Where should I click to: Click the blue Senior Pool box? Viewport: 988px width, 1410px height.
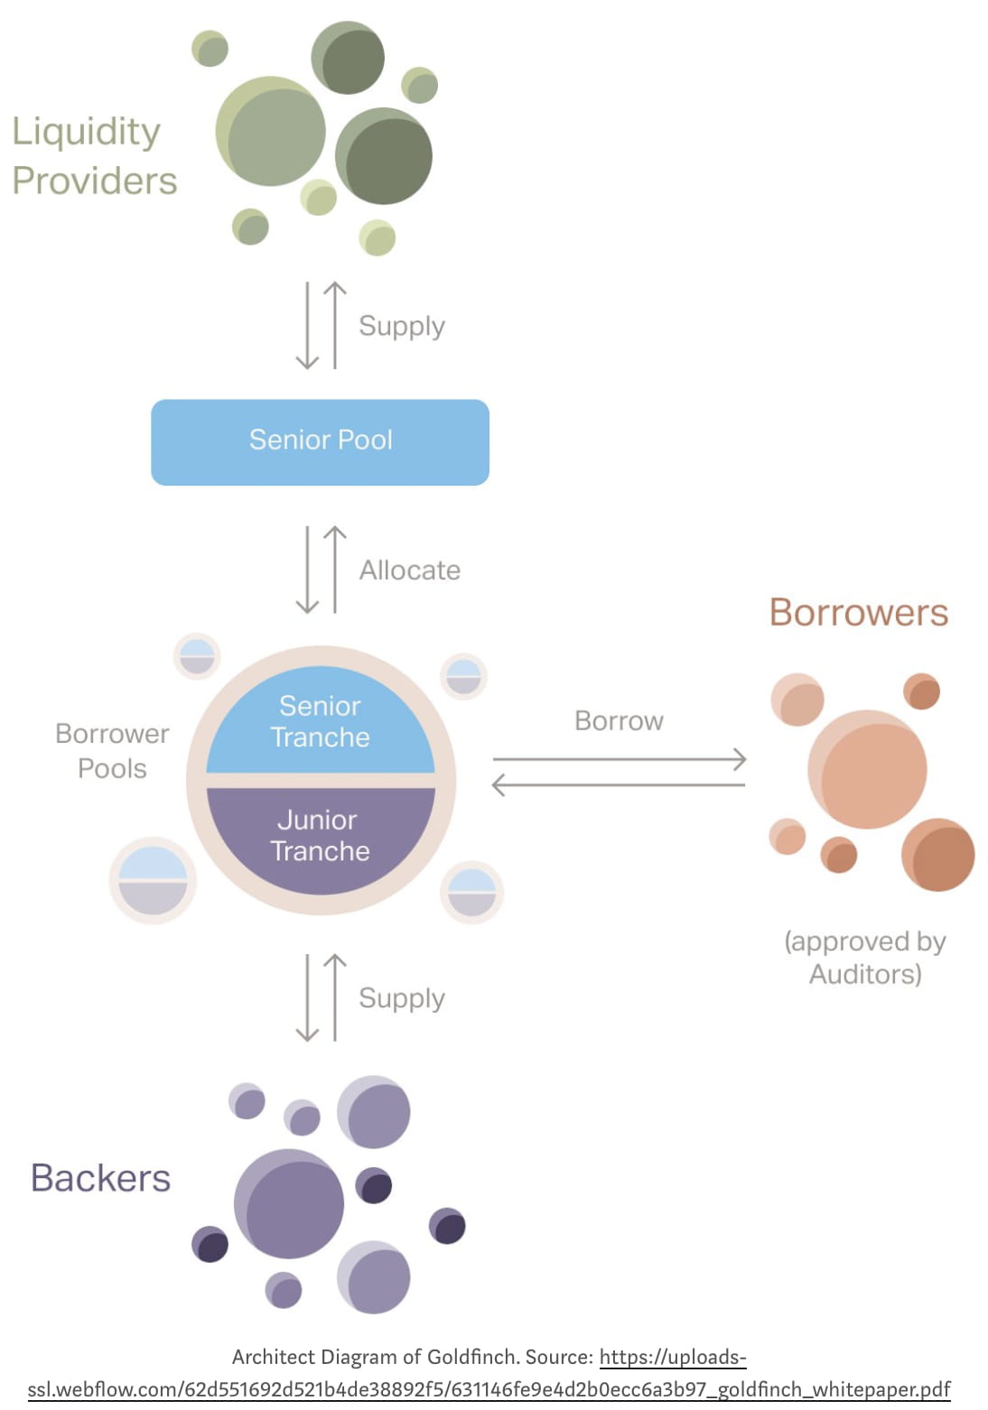320,441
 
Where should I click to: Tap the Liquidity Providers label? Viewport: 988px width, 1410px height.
94,155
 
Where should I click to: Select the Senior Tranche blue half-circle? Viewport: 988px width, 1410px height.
320,721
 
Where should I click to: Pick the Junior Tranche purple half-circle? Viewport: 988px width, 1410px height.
320,836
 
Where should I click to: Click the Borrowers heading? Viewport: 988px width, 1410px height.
858,613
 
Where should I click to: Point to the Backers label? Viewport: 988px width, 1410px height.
100,1178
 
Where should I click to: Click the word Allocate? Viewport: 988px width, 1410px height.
409,570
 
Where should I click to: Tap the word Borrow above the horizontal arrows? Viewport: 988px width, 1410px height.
619,721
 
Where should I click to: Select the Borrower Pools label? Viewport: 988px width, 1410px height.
112,751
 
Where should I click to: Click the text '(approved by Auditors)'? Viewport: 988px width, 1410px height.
864,958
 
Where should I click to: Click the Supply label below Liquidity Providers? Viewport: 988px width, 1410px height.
401,326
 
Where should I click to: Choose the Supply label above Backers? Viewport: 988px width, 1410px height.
401,998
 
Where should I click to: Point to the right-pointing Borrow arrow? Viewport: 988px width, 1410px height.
619,760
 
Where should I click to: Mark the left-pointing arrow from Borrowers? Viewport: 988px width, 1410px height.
619,785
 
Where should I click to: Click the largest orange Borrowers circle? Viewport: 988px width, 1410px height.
868,769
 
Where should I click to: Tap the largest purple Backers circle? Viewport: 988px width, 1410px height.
289,1203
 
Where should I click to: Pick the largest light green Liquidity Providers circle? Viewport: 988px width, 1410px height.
271,132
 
